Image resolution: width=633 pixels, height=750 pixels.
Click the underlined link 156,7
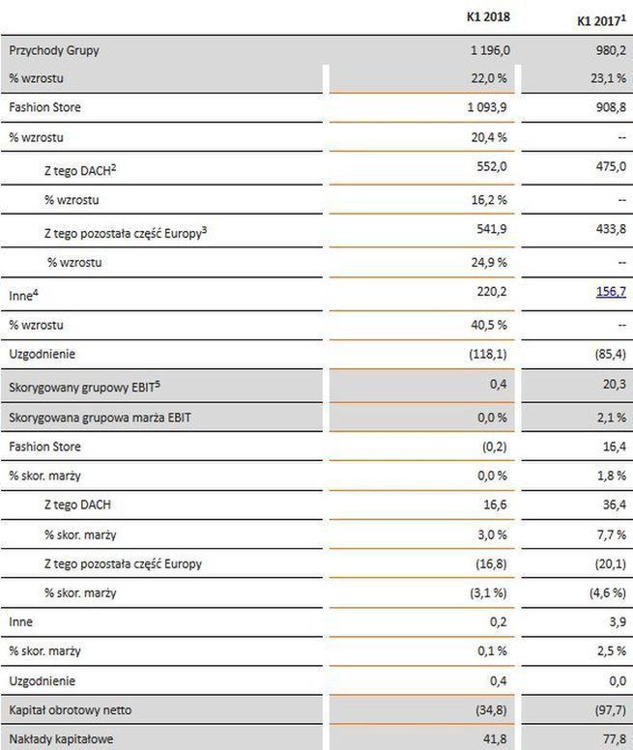point(609,291)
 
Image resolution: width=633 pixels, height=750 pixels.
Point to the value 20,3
point(615,386)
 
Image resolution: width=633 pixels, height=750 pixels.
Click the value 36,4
point(615,504)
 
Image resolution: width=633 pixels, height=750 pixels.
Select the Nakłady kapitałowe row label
point(62,739)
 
